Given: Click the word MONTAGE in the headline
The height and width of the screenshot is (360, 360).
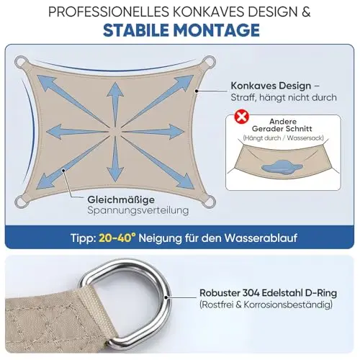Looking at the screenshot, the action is [x=217, y=30].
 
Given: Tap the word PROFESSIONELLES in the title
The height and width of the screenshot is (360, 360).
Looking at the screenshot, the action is [x=109, y=12].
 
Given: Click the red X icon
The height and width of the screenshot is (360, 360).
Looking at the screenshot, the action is [x=242, y=117].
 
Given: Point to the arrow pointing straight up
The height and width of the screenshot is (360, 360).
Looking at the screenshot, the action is [x=115, y=103].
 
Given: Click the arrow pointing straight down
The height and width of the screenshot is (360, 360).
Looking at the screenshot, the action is [x=115, y=159].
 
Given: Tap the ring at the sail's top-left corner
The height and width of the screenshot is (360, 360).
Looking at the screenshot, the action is [x=21, y=62].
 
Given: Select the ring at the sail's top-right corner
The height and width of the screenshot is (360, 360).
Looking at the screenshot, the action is [x=209, y=62].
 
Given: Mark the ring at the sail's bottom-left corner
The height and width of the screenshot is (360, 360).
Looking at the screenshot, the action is [x=21, y=201].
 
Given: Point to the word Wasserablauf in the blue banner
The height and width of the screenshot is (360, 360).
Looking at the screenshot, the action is [x=261, y=238].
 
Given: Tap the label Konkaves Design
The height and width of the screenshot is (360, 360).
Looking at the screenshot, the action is [x=271, y=86].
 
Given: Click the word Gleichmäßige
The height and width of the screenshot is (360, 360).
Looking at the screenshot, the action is [x=121, y=199].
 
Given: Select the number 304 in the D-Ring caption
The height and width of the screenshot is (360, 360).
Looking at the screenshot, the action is [x=251, y=293].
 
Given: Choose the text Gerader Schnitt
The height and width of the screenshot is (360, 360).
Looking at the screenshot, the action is [x=282, y=129].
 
